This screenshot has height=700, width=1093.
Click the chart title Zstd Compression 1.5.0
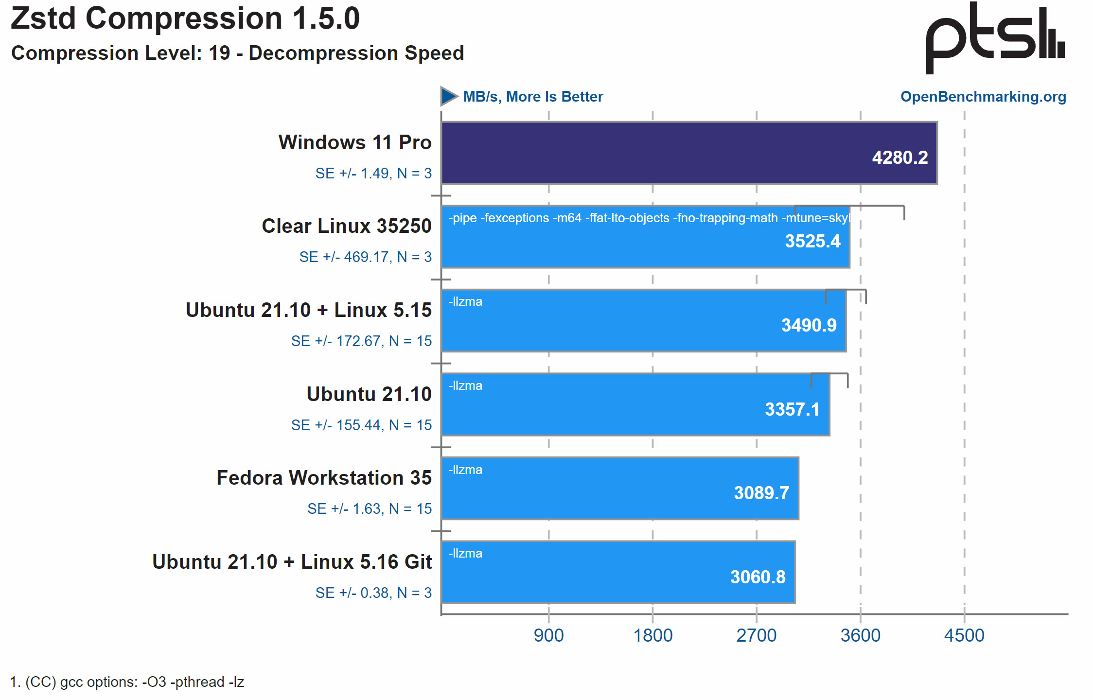tap(185, 18)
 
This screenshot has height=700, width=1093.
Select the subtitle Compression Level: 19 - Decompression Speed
tap(237, 53)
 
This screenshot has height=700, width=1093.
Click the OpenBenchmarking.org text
tap(983, 96)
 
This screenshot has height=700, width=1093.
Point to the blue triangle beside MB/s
tap(448, 96)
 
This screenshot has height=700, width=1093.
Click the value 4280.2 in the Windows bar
tap(899, 157)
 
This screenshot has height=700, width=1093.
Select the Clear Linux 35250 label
tap(346, 226)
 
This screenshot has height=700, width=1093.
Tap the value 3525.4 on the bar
tap(812, 241)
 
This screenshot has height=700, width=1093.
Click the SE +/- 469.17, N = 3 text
tap(365, 257)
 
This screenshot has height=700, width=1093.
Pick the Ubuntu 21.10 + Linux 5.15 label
tap(308, 310)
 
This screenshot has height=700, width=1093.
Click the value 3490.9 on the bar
tap(809, 325)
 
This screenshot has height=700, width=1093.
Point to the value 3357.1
tap(792, 409)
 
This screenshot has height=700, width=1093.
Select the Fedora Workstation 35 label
tap(324, 478)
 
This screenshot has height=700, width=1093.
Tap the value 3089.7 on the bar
tap(761, 493)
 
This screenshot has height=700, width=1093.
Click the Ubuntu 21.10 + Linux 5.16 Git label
tap(292, 562)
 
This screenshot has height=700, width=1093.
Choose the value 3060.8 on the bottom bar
tap(758, 577)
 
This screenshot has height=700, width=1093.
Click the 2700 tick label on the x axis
tap(756, 635)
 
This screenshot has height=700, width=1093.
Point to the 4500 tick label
tap(964, 635)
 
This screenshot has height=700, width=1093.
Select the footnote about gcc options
tap(127, 682)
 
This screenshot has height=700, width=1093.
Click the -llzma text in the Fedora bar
tap(465, 470)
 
